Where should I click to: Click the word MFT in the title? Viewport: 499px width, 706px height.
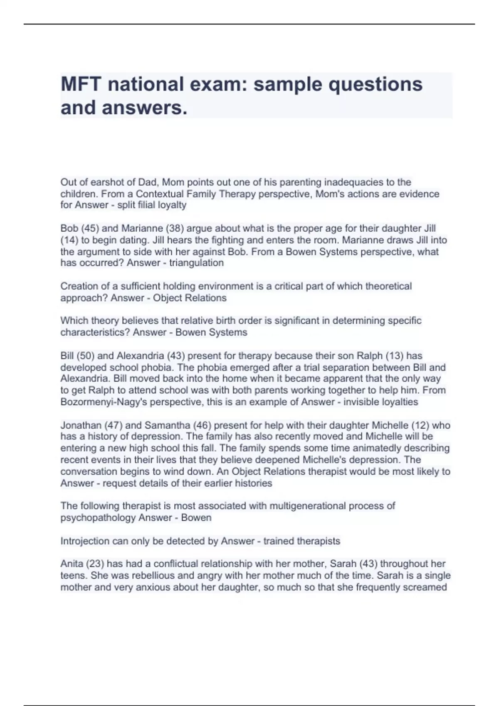coord(81,84)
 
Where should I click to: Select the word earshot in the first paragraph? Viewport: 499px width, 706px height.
coord(110,182)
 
